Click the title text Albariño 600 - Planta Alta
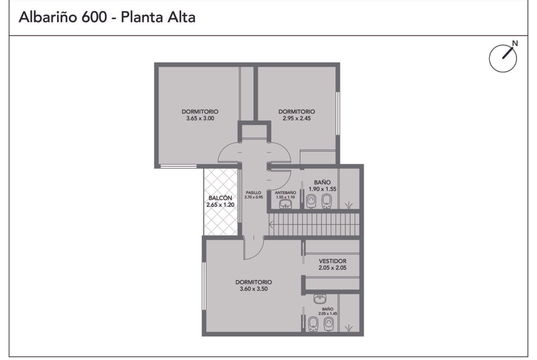[x=107, y=17]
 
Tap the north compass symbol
[x=503, y=58]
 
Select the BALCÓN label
[x=220, y=198]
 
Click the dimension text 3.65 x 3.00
[x=200, y=118]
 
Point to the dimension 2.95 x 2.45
[x=296, y=118]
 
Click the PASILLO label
[x=253, y=193]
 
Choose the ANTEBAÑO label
[x=285, y=193]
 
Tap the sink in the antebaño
[x=285, y=204]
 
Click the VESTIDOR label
[x=333, y=261]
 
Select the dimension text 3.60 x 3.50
[x=254, y=289]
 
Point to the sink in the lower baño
[x=320, y=299]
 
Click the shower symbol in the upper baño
[x=349, y=205]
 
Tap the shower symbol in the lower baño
[x=349, y=328]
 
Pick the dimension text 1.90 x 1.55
[x=322, y=189]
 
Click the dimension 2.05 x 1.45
[x=328, y=314]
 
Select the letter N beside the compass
[x=515, y=43]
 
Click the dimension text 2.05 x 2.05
[x=333, y=268]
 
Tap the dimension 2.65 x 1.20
[x=220, y=205]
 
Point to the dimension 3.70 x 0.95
[x=254, y=197]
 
